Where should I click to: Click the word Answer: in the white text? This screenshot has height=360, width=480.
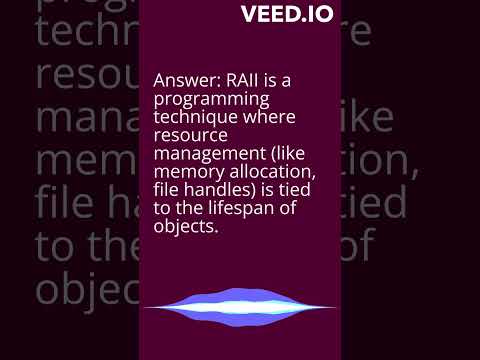pos(184,81)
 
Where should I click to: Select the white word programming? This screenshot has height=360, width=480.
pos(207,101)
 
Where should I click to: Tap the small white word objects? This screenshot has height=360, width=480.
pos(185,229)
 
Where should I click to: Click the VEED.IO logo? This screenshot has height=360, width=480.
pos(287,15)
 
